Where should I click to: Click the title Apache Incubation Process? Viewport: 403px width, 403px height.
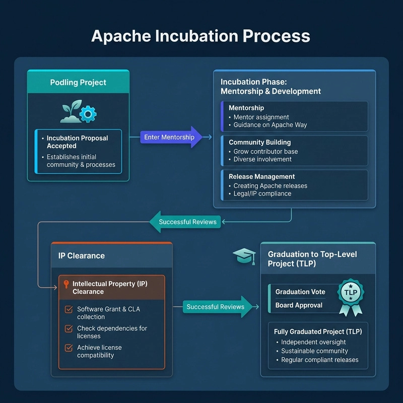click(x=200, y=36)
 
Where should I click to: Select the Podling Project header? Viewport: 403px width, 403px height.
click(x=78, y=83)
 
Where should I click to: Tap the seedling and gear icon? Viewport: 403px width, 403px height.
click(x=78, y=113)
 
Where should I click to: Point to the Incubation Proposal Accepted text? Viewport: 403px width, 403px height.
click(x=77, y=142)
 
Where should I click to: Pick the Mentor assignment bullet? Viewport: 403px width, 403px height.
click(x=261, y=117)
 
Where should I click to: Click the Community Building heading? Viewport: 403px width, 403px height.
click(x=259, y=143)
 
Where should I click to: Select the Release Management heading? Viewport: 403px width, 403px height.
click(x=261, y=177)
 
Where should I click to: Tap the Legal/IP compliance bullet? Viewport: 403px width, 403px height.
click(x=262, y=193)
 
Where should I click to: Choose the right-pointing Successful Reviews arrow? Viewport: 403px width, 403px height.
click(x=217, y=307)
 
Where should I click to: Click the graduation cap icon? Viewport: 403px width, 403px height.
click(x=244, y=256)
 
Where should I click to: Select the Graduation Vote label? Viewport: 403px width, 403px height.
click(x=300, y=292)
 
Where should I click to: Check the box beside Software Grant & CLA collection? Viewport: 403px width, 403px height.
click(x=69, y=310)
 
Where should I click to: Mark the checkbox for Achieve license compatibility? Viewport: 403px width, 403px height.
click(x=69, y=348)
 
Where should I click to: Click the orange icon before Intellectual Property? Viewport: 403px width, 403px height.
click(x=66, y=285)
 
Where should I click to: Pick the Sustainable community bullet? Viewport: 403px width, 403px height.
click(x=314, y=351)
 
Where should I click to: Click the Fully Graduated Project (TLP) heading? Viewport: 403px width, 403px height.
click(x=318, y=331)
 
